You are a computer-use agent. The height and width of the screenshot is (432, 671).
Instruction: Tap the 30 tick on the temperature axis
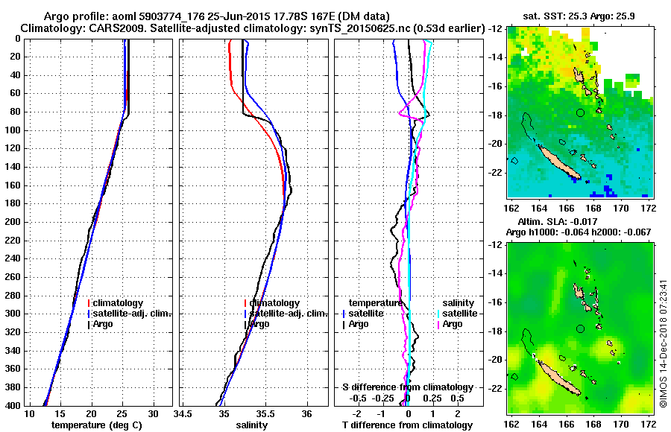pyautogui.click(x=153, y=413)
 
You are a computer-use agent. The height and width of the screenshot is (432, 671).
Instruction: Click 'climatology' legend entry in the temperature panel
pyautogui.click(x=118, y=303)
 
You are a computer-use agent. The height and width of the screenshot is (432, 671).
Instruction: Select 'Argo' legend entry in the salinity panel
pyautogui.click(x=259, y=324)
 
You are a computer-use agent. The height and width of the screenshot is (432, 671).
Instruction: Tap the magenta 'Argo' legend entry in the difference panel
pyautogui.click(x=452, y=324)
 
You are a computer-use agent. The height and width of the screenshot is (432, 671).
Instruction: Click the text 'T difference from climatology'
pyautogui.click(x=407, y=425)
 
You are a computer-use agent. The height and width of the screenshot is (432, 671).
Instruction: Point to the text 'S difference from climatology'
pyautogui.click(x=407, y=387)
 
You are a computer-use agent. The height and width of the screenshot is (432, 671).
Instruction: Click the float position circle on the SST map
pyautogui.click(x=581, y=112)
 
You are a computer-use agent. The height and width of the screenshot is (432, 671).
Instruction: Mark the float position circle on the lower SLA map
pyautogui.click(x=581, y=328)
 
